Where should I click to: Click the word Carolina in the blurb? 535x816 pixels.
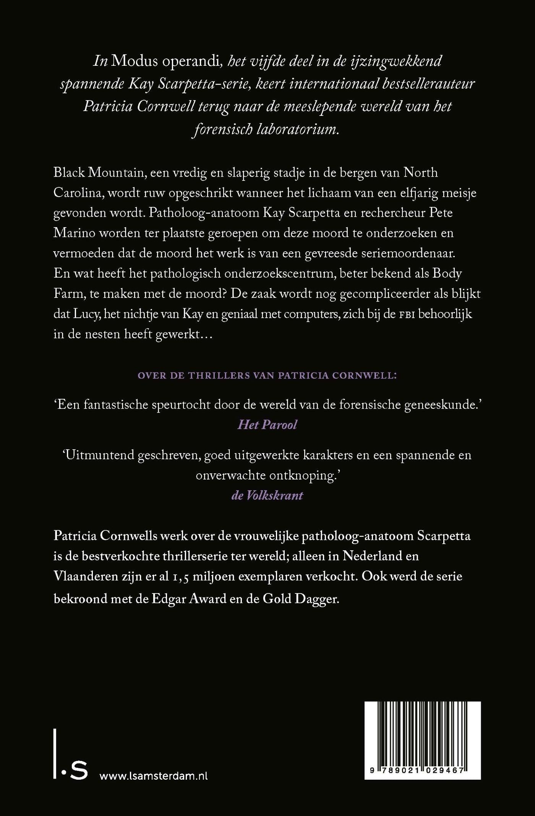coord(78,193)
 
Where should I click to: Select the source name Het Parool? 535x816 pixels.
coord(267,424)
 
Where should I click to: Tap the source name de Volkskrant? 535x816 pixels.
coord(267,496)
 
